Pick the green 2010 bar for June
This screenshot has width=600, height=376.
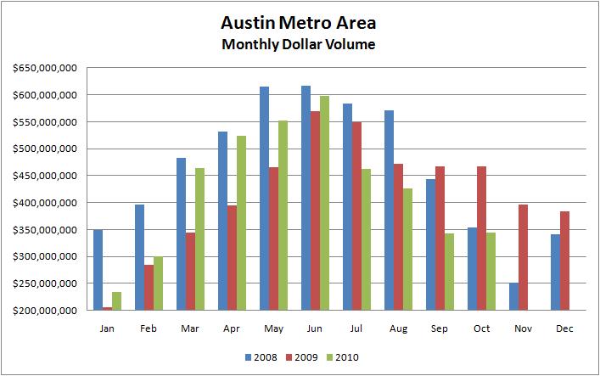tap(324, 203)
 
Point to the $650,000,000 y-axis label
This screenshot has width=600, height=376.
tap(42, 68)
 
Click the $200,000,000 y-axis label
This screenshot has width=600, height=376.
tap(42, 311)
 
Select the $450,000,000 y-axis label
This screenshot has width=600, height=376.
tap(42, 176)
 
